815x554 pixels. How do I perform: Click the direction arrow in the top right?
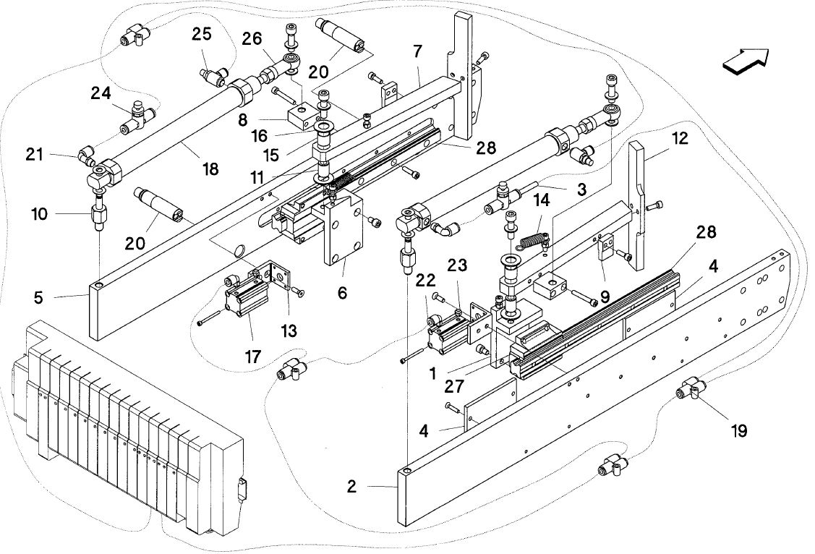tap(746, 59)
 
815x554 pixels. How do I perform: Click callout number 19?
tap(738, 430)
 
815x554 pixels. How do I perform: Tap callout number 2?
tap(352, 487)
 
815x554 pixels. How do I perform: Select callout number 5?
tap(38, 298)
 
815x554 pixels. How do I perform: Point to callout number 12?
tap(679, 138)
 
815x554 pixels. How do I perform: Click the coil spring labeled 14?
tap(534, 241)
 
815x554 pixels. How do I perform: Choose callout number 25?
tap(202, 34)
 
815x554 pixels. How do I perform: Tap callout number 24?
tap(101, 93)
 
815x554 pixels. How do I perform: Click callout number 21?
tap(34, 154)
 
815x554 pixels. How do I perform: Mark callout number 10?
tap(40, 213)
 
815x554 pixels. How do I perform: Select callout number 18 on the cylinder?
tap(210, 169)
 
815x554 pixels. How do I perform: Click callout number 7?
tap(417, 51)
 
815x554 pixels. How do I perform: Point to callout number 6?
tap(342, 293)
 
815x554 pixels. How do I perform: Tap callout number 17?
tap(252, 357)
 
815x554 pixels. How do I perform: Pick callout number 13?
tap(289, 330)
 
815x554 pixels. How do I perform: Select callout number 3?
tap(581, 189)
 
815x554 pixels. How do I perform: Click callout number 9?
tap(605, 298)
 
